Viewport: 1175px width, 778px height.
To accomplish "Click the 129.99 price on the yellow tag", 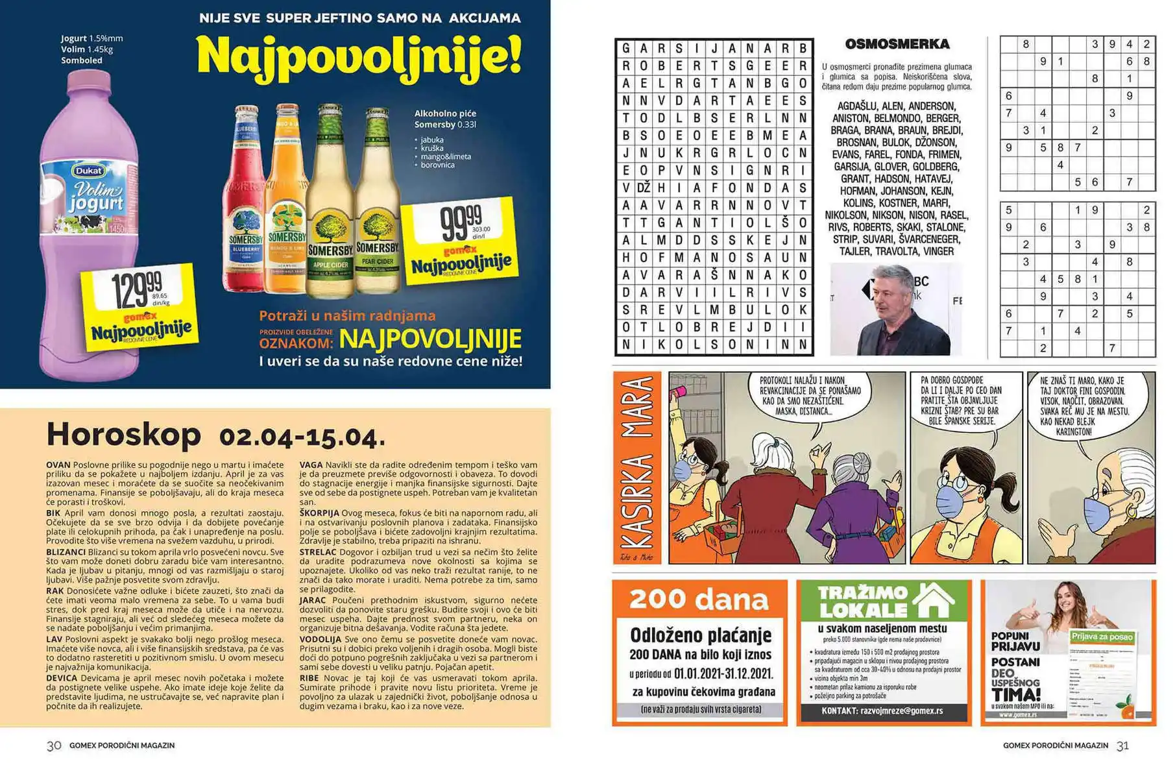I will coord(137,290).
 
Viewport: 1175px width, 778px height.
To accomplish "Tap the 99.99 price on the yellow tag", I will coord(461,222).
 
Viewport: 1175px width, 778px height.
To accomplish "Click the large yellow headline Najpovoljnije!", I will coord(359,55).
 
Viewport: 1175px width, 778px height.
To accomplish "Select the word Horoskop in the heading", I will coord(124,434).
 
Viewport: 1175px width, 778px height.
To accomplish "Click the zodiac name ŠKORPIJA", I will coord(319,513).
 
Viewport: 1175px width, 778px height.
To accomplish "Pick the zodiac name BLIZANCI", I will coord(66,552).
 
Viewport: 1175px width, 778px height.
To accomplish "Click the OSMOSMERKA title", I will coord(897,44).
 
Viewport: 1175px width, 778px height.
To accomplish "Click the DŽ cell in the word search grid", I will coord(644,188).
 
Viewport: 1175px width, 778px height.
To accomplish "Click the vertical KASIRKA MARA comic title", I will coord(636,468).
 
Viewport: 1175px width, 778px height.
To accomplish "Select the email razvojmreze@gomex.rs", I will coord(901,711).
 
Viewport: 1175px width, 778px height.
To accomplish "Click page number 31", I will coord(1122,746).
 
